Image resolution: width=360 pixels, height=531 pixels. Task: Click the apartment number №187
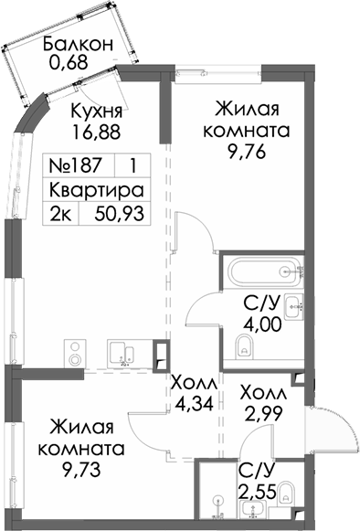pyautogui.click(x=79, y=167)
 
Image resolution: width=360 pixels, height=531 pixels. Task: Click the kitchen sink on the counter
pyautogui.click(x=122, y=352)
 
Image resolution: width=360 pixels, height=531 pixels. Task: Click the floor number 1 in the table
pyautogui.click(x=134, y=167)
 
